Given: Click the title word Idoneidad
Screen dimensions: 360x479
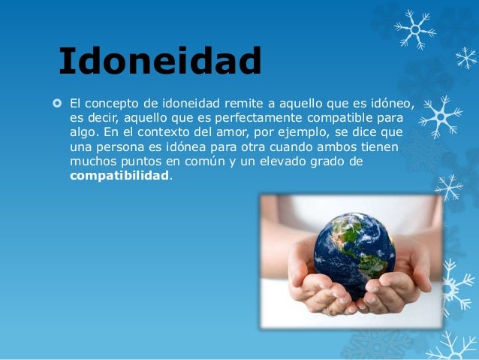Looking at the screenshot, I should point(160,62).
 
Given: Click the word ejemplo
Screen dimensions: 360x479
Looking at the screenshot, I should point(306,133).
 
